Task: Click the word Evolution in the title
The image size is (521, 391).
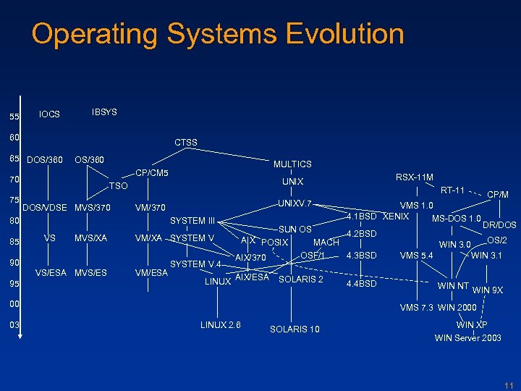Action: [344, 34]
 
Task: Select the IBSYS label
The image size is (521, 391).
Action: [104, 112]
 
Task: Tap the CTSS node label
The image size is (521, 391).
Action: [186, 142]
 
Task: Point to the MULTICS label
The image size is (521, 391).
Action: [292, 164]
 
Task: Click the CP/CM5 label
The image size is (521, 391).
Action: [152, 173]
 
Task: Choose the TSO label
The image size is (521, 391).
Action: [118, 186]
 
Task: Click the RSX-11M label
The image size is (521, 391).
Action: [414, 177]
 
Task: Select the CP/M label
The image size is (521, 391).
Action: [498, 194]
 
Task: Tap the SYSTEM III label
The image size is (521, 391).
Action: [192, 221]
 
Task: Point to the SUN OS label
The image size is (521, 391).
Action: [295, 230]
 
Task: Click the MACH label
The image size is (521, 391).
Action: [326, 242]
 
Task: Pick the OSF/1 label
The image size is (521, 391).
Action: [313, 255]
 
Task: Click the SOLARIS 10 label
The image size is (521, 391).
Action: [295, 329]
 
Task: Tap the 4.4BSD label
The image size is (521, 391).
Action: [362, 283]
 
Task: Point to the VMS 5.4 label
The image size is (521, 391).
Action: [416, 256]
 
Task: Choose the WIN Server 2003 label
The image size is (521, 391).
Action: [467, 338]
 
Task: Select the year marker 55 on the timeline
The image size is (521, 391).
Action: [14, 117]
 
